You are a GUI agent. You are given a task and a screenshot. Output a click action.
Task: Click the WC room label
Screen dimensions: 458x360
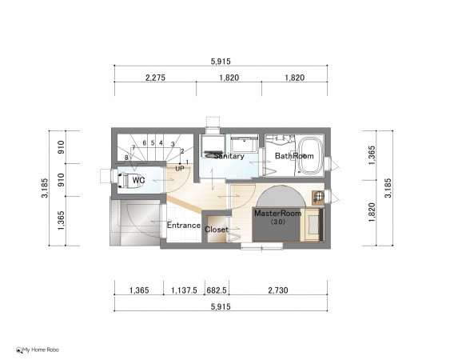[x=138, y=180]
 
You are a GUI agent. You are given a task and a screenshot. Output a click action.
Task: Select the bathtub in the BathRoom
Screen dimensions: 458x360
[x=312, y=155]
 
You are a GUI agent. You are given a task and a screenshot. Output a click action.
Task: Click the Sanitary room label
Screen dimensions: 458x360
[x=229, y=156]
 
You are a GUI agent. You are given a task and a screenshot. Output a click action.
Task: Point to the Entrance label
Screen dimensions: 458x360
[x=184, y=225]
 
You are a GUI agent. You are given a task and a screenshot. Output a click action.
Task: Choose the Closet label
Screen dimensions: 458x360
[x=216, y=230]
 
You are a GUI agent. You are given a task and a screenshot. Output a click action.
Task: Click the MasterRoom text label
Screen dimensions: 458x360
[x=277, y=213]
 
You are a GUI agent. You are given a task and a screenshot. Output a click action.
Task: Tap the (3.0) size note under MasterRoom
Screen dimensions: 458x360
[x=277, y=222]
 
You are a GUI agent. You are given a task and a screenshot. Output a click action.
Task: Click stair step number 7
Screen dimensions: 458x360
[x=133, y=147]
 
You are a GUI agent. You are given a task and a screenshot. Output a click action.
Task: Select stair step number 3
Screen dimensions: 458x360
[x=173, y=144]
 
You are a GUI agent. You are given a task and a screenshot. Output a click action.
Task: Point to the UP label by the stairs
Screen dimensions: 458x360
[x=180, y=169]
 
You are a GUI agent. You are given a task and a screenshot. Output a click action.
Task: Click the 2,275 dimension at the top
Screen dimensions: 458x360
[x=155, y=78]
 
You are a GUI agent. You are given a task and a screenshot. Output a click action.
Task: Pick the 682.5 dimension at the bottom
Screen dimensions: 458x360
[x=217, y=290]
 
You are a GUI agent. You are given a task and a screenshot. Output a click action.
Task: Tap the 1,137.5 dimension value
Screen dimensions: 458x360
[x=184, y=290]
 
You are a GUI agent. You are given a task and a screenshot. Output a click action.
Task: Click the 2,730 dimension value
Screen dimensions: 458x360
[x=278, y=290]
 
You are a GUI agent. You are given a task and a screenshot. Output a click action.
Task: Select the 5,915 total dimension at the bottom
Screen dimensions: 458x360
[x=221, y=306]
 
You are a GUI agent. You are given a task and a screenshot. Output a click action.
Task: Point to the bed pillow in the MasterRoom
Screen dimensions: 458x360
[x=313, y=225]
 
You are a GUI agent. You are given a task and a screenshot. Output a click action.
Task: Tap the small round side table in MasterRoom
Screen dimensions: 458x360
[x=320, y=196]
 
